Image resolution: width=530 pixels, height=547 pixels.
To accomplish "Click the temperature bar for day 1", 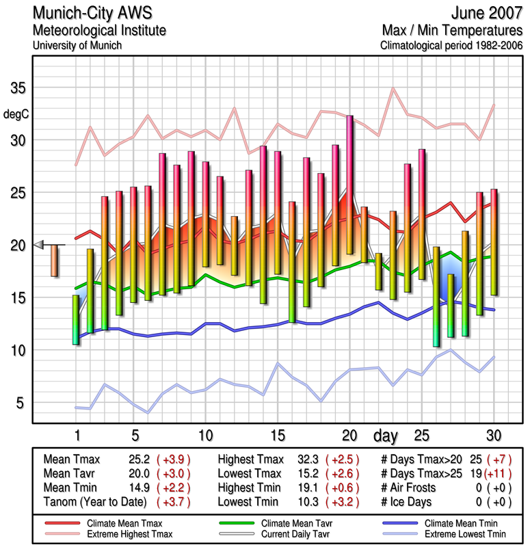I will (76, 319).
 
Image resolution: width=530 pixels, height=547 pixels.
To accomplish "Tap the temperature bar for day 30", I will (494, 242).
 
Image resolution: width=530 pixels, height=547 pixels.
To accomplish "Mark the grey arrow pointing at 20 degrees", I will (38, 245).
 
